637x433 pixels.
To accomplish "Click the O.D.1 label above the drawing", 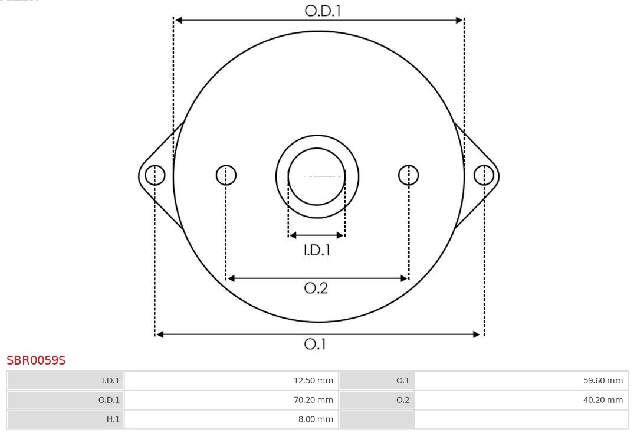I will [323, 11].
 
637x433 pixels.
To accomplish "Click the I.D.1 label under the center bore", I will [317, 250].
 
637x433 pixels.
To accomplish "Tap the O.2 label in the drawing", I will [316, 288].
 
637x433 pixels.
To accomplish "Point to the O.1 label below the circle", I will [315, 344].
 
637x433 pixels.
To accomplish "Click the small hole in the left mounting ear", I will [155, 175].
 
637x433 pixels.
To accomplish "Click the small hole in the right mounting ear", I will [484, 175].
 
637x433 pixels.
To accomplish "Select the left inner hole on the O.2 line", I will [226, 175].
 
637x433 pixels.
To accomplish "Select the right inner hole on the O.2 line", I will [409, 175].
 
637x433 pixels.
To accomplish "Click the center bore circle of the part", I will [317, 176].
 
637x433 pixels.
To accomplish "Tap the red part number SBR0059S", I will [36, 360].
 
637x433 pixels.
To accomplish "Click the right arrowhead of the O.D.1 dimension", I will [459, 20].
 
